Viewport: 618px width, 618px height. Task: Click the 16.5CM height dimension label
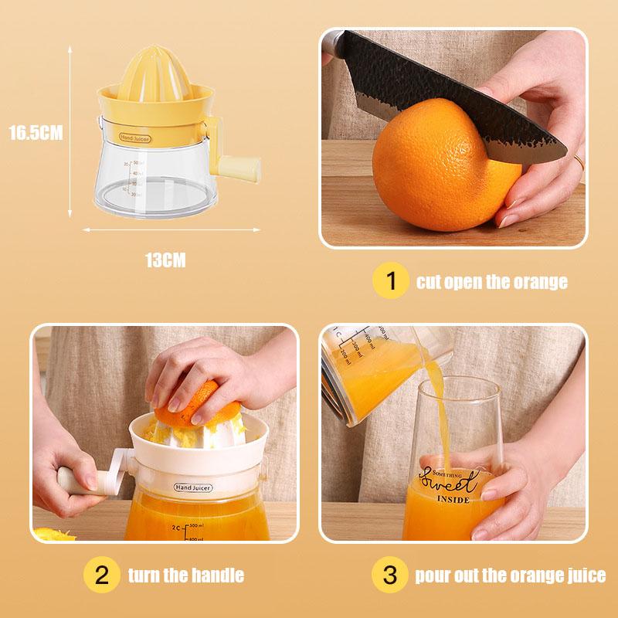(36, 133)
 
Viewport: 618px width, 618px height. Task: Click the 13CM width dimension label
(165, 260)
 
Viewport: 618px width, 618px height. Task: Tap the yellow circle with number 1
(391, 282)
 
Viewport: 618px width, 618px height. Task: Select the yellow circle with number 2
(101, 576)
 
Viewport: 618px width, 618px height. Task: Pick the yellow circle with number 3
(391, 576)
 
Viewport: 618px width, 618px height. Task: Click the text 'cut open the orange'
(492, 282)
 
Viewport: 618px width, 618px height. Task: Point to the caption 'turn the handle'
(185, 576)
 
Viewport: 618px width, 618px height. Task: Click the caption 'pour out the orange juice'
(511, 576)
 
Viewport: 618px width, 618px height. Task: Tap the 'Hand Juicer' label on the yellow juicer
(135, 138)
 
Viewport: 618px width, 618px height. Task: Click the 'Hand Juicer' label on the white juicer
(192, 488)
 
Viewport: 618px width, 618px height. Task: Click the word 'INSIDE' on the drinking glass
(452, 501)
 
